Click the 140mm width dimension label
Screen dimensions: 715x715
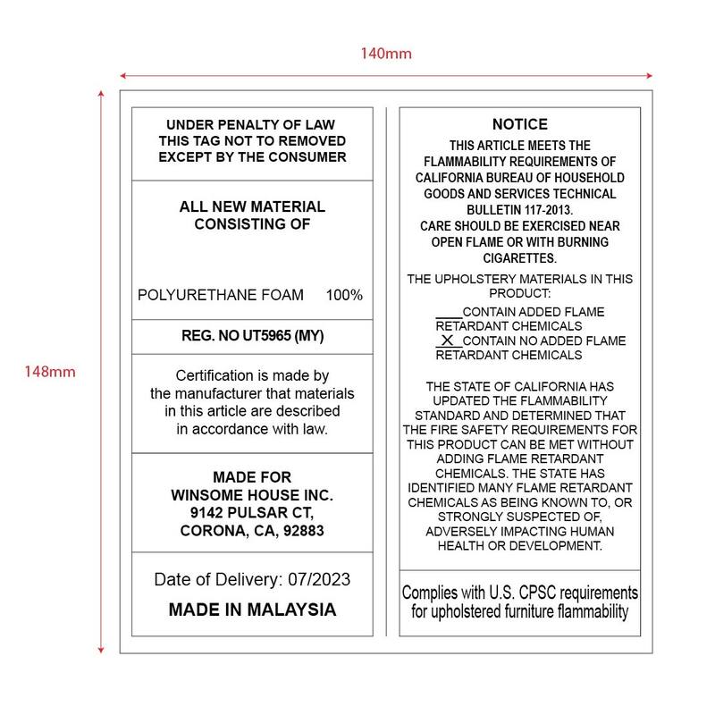pyautogui.click(x=386, y=54)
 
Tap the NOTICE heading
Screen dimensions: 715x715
pyautogui.click(x=519, y=124)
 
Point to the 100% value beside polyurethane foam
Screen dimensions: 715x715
pyautogui.click(x=344, y=295)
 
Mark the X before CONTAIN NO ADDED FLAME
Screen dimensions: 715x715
pyautogui.click(x=449, y=341)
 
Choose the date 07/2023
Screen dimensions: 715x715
pyautogui.click(x=319, y=579)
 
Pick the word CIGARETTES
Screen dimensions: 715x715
pyautogui.click(x=519, y=258)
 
